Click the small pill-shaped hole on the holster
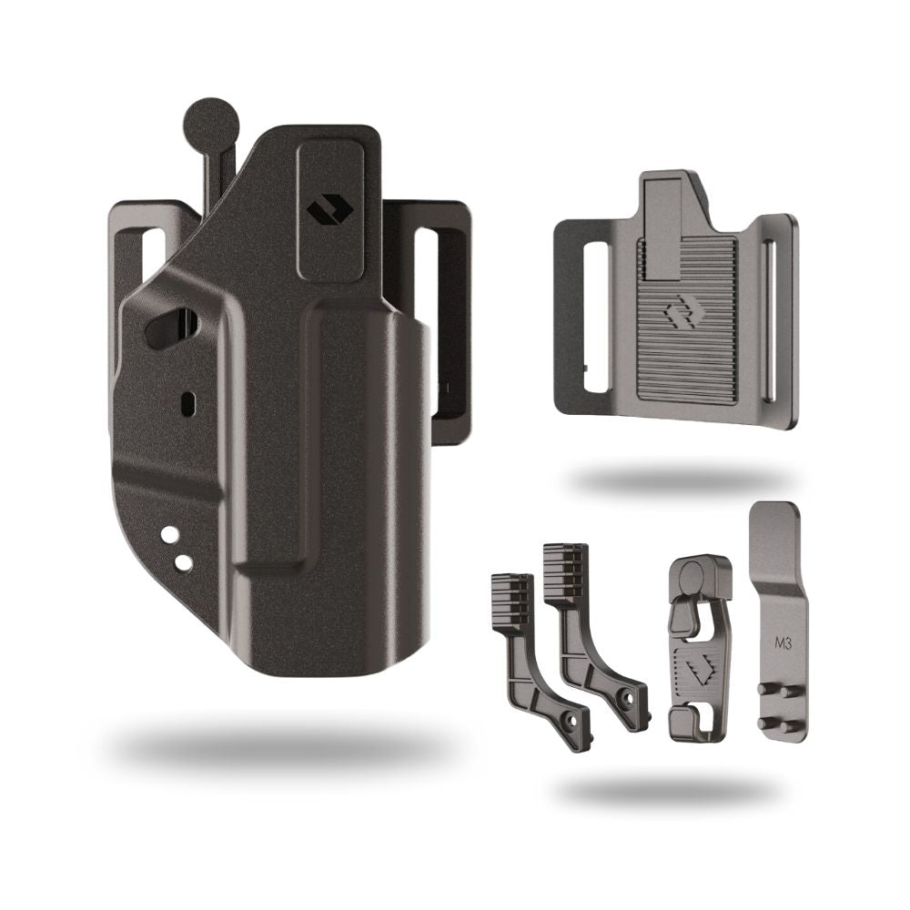pyautogui.click(x=188, y=402)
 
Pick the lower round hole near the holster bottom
pyautogui.click(x=184, y=561)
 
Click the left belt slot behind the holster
pyautogui.click(x=152, y=256)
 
